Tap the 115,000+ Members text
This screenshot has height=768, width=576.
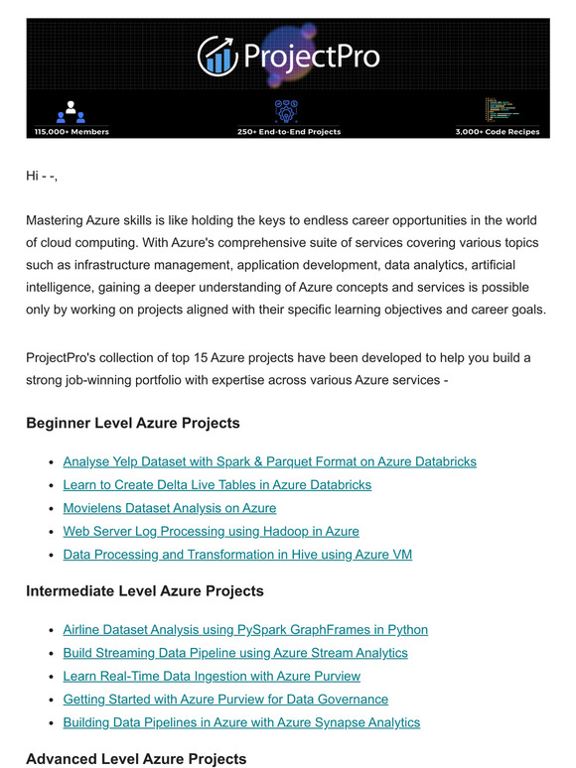pyautogui.click(x=72, y=131)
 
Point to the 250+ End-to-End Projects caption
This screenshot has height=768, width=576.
pyautogui.click(x=288, y=131)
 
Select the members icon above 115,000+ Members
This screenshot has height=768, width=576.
pyautogui.click(x=72, y=111)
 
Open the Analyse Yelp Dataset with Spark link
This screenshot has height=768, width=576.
pyautogui.click(x=269, y=461)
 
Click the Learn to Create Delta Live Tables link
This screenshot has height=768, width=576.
pyautogui.click(x=216, y=485)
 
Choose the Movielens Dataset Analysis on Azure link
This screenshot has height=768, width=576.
pyautogui.click(x=169, y=508)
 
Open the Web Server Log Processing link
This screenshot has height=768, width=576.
pyautogui.click(x=211, y=531)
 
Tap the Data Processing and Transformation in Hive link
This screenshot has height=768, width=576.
pyautogui.click(x=237, y=555)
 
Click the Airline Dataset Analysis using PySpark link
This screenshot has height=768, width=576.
pyautogui.click(x=245, y=629)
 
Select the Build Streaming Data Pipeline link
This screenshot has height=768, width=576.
pyautogui.click(x=235, y=653)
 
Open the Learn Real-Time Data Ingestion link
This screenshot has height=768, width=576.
pyautogui.click(x=212, y=676)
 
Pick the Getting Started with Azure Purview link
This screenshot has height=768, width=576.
pyautogui.click(x=225, y=700)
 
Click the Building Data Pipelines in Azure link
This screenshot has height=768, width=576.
pyautogui.click(x=241, y=722)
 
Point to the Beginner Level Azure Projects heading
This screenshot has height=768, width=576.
pyautogui.click(x=133, y=424)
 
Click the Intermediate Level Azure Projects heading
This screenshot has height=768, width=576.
pyautogui.click(x=145, y=591)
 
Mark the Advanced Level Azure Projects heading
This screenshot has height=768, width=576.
pyautogui.click(x=136, y=759)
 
